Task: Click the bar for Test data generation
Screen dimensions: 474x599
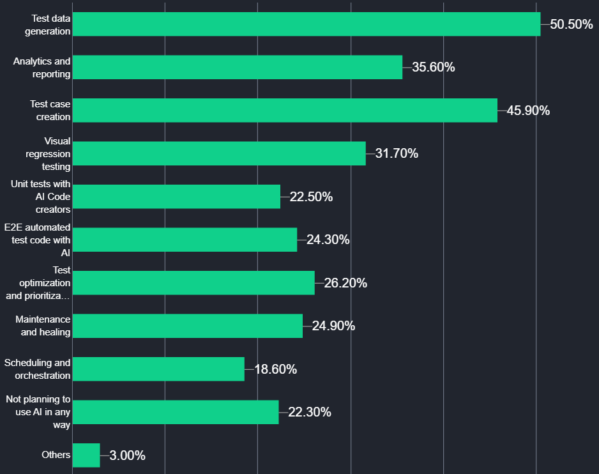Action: (307, 24)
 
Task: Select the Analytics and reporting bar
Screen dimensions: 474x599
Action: (238, 67)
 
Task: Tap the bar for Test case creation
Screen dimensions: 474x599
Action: (285, 111)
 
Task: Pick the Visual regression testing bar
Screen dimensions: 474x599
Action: (219, 153)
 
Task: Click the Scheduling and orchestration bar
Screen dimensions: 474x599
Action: (158, 369)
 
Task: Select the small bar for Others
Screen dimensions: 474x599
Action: (86, 455)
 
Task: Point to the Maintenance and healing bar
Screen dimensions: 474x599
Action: (188, 326)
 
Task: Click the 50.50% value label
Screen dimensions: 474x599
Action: (572, 24)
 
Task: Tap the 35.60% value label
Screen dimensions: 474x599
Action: (433, 67)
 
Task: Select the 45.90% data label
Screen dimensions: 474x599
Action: (528, 111)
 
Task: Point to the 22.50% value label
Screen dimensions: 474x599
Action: (311, 197)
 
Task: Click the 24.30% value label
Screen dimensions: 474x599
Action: (328, 240)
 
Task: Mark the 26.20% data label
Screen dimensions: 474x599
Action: (345, 283)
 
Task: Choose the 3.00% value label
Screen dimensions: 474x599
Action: (127, 455)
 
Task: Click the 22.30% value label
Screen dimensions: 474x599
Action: (309, 412)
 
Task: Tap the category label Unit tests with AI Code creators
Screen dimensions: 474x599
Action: (41, 196)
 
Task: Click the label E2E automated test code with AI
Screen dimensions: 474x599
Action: (38, 240)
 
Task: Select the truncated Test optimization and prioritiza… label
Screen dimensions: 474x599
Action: (38, 283)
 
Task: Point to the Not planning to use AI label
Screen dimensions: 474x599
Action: (38, 412)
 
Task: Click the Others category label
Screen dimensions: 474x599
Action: (56, 455)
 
